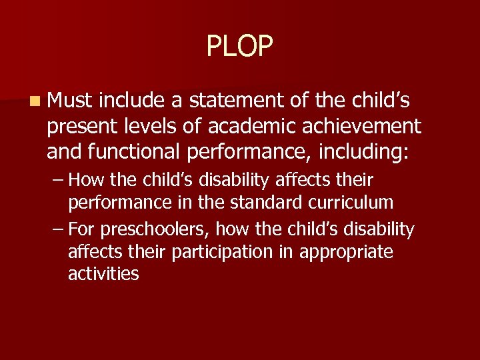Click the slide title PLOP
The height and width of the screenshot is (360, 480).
pos(240,46)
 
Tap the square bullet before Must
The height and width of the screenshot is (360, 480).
pos(33,101)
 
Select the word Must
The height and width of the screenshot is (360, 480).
pos(70,101)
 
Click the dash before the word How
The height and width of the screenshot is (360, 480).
pos(58,180)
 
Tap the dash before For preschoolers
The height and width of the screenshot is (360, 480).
pos(58,230)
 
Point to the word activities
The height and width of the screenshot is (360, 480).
pos(103,274)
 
